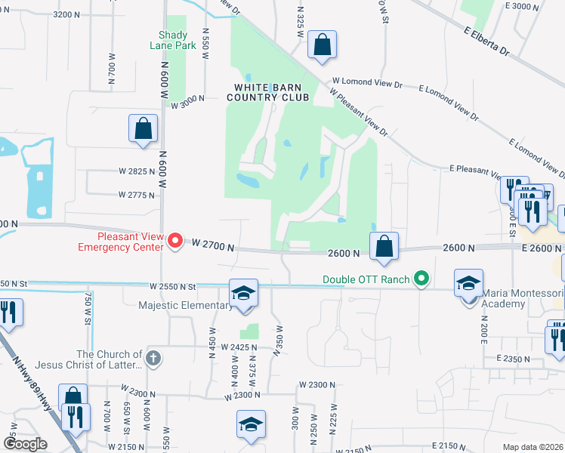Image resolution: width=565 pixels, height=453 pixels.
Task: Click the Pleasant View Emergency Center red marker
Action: tap(175, 242)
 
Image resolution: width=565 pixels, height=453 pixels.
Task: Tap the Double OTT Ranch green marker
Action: tap(421, 279)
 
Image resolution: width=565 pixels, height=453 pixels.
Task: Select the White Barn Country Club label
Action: tap(267, 92)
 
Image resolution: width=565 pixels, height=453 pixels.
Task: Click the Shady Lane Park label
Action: tap(178, 40)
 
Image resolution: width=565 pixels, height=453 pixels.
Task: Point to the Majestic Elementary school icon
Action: tap(244, 293)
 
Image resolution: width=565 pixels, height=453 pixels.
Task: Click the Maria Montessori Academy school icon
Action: tap(468, 284)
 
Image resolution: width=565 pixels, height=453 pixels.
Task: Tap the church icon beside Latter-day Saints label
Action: tap(153, 358)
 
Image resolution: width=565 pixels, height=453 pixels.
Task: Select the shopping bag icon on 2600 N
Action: tap(384, 246)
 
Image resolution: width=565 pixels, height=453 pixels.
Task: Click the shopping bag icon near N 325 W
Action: tap(322, 45)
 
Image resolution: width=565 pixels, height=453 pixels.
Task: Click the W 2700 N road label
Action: tap(213, 245)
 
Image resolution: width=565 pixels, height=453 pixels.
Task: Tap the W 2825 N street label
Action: tap(136, 172)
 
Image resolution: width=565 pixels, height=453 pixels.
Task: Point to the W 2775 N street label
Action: tap(136, 195)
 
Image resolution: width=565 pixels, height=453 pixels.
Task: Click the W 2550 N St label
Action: tap(172, 287)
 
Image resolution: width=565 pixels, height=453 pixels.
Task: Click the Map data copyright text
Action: tap(533, 447)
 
